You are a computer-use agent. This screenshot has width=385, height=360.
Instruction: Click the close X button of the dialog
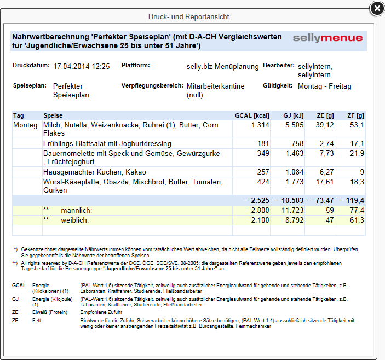[x=376, y=8]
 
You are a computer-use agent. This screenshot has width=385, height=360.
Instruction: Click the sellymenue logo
[x=327, y=38]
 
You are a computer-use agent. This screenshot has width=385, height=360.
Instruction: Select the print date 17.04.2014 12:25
[x=82, y=66]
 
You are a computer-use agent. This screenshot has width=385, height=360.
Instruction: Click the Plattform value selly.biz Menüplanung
[x=222, y=66]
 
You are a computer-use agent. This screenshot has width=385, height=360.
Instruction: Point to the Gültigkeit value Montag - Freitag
[x=325, y=86]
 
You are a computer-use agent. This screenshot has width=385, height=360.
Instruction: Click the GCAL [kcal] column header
[x=252, y=115]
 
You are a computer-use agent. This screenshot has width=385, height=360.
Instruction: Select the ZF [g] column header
[x=355, y=115]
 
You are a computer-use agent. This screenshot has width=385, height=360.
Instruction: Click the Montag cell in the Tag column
[x=25, y=125]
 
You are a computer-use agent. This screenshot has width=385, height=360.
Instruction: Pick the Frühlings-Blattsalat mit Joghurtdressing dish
[x=107, y=143]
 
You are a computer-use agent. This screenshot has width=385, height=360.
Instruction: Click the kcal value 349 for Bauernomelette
[x=263, y=154]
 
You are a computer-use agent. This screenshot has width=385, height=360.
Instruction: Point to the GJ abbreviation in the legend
[x=16, y=299]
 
